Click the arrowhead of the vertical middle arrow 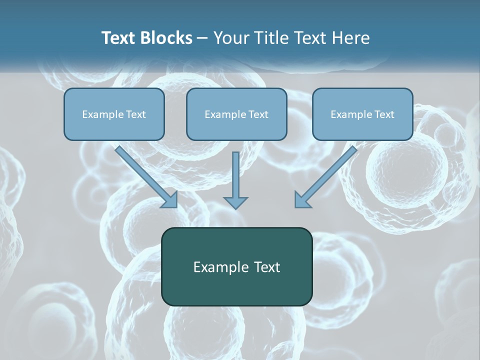(235, 202)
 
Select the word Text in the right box (384, 114)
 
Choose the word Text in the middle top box (258, 114)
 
